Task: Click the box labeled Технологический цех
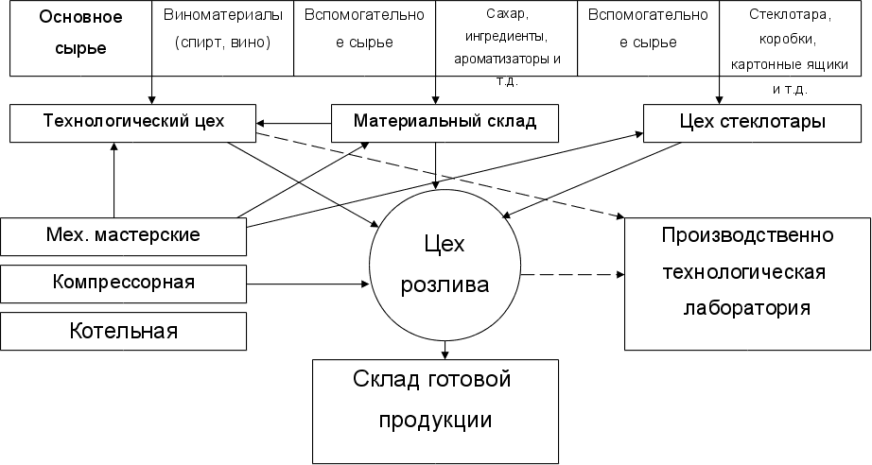pyautogui.click(x=132, y=122)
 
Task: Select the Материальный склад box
pyautogui.click(x=445, y=122)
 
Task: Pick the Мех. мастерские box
pyautogui.click(x=123, y=236)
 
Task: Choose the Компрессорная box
pyautogui.click(x=123, y=283)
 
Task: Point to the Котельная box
pyautogui.click(x=123, y=331)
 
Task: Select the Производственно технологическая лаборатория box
pyautogui.click(x=747, y=274)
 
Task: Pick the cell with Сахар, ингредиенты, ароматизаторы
pyautogui.click(x=506, y=38)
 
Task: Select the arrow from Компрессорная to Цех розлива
pyautogui.click(x=307, y=282)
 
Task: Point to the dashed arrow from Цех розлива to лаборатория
pyautogui.click(x=572, y=275)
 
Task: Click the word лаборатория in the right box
pyautogui.click(x=747, y=308)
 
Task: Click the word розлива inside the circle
pyautogui.click(x=445, y=284)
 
